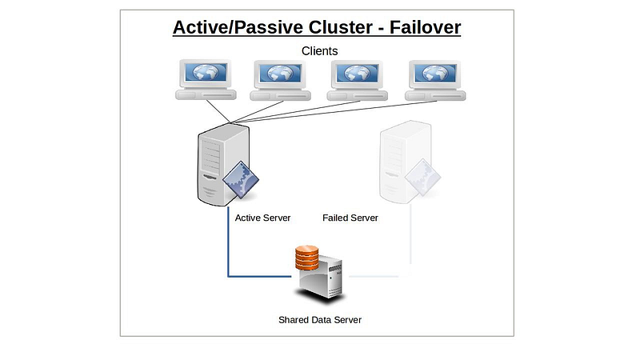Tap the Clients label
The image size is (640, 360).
(x=320, y=51)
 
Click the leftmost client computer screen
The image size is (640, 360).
(x=206, y=74)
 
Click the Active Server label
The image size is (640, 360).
(x=263, y=218)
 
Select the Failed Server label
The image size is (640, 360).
(x=350, y=218)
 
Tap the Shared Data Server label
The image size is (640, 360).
(x=320, y=320)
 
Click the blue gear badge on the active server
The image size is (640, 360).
(x=242, y=181)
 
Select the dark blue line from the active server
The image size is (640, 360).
(x=229, y=248)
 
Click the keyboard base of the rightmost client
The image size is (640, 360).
(x=434, y=96)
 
